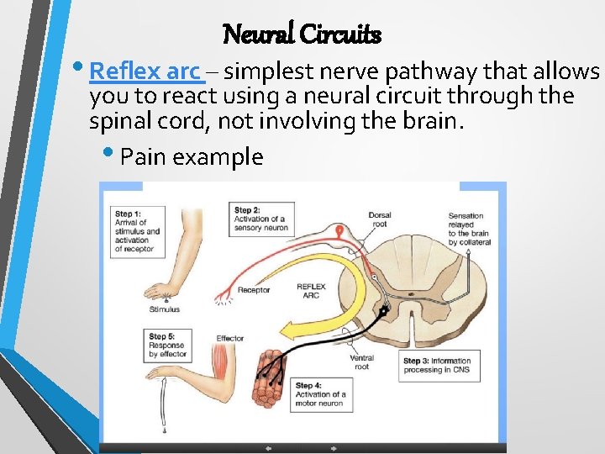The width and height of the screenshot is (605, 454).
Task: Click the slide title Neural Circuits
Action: pos(302,34)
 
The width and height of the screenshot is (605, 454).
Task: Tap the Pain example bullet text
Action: pos(192,156)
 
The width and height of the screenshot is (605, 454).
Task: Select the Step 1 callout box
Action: pos(138,231)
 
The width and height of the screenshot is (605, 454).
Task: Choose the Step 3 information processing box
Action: pos(439,367)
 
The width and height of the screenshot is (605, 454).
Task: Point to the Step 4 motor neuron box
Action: pos(319,394)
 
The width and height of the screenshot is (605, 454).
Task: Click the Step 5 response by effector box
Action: pos(168,345)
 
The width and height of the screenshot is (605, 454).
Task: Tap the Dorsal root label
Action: pos(380,219)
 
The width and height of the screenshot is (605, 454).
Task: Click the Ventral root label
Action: pos(362,362)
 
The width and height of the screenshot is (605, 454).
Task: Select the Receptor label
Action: pos(253,291)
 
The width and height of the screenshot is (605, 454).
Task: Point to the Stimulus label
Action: pos(165,309)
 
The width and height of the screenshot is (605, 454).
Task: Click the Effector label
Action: pos(229,338)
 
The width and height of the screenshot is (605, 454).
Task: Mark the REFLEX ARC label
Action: pos(311,291)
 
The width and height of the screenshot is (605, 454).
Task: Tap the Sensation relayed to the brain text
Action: pos(469,230)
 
